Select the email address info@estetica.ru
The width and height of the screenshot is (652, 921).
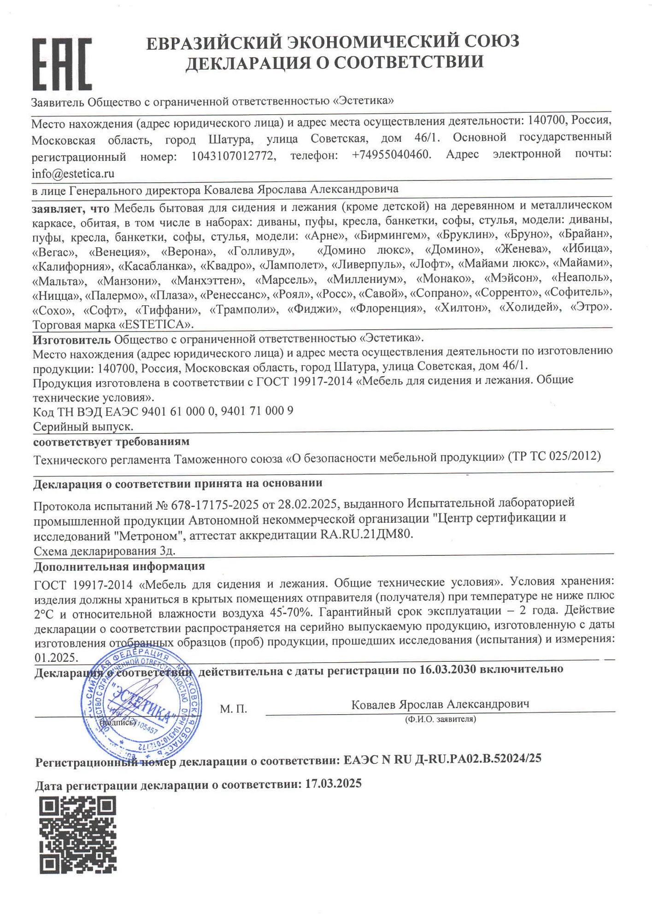tap(73, 174)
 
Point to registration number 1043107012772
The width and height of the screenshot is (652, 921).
tap(233, 156)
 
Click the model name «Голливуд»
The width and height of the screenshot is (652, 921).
tap(260, 251)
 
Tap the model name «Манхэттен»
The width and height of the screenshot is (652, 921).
tap(207, 280)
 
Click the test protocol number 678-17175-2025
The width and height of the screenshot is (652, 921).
tap(214, 505)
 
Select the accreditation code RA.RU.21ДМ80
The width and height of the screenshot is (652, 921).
tap(365, 534)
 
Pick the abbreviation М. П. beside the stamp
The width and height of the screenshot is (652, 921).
tap(233, 709)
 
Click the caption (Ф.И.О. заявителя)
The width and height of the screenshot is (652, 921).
tap(440, 719)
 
